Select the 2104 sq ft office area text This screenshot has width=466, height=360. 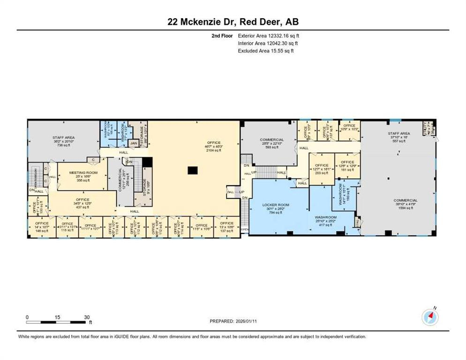[214, 151]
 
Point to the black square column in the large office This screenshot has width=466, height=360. [191, 171]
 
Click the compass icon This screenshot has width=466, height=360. [429, 317]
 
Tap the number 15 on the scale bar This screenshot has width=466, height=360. [57, 317]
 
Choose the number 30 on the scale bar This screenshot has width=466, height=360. [87, 317]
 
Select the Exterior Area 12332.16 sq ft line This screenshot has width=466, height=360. [268, 35]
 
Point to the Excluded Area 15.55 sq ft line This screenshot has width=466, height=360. [265, 51]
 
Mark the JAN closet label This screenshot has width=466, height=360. [133, 143]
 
